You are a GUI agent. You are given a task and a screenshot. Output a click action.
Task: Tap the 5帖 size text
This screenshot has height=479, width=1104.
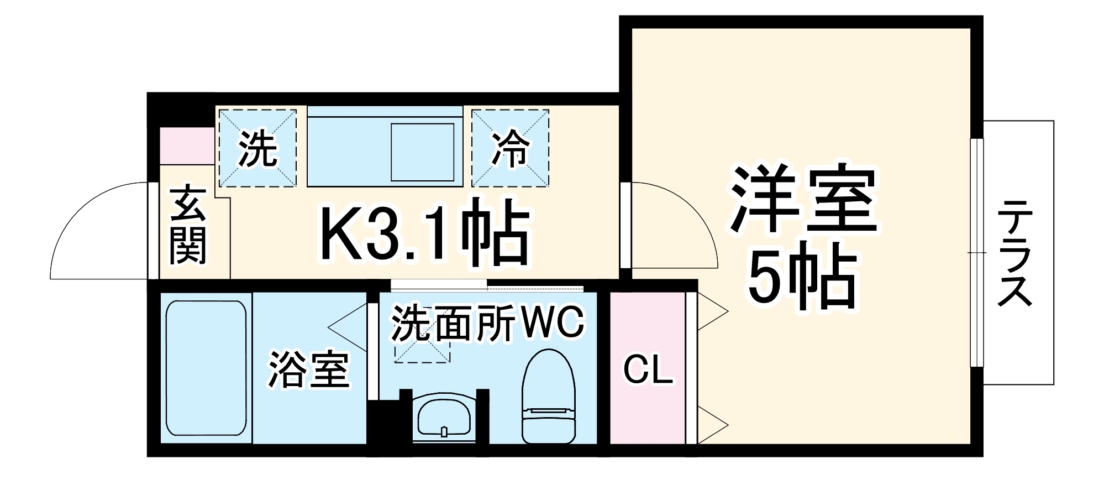pyautogui.click(x=802, y=277)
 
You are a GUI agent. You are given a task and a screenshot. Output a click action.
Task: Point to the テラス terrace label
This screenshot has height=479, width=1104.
pyautogui.click(x=1015, y=253)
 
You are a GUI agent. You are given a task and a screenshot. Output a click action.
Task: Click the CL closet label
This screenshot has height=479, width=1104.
pyautogui.click(x=648, y=369)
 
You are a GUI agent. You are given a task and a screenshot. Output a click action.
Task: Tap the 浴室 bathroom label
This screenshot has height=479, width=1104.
pyautogui.click(x=309, y=369)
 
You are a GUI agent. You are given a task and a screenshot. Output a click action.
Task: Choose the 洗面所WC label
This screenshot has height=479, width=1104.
pyautogui.click(x=487, y=322)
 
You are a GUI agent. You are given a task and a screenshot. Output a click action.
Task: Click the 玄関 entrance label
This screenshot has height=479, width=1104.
pyautogui.click(x=188, y=226)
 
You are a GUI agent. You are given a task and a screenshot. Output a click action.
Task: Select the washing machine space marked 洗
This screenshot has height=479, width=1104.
pyautogui.click(x=257, y=148)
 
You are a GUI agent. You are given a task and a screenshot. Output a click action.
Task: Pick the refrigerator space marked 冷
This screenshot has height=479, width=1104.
pyautogui.click(x=510, y=148)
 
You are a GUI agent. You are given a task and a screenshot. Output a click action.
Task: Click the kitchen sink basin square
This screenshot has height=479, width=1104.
pyautogui.click(x=422, y=152)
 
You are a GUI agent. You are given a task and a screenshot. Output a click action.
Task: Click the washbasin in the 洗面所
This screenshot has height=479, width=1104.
pyautogui.click(x=444, y=418)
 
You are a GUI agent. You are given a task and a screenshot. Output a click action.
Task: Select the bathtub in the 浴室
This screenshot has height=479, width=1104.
pyautogui.click(x=206, y=368)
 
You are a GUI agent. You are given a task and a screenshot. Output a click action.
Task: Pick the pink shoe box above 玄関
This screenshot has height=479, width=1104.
pyautogui.click(x=187, y=145)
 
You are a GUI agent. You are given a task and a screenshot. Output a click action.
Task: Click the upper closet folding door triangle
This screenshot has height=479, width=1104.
pyautogui.click(x=712, y=311)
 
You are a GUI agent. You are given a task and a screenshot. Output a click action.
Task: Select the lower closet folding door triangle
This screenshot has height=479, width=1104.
pyautogui.click(x=712, y=425)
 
